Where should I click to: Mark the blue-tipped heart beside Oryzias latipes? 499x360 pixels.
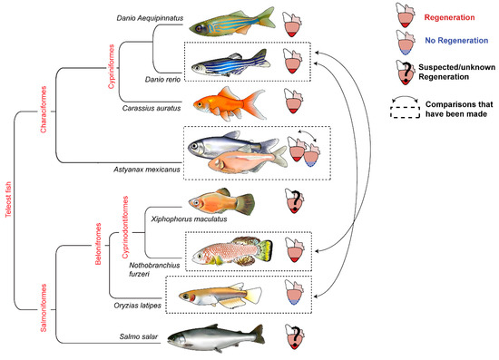293,295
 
